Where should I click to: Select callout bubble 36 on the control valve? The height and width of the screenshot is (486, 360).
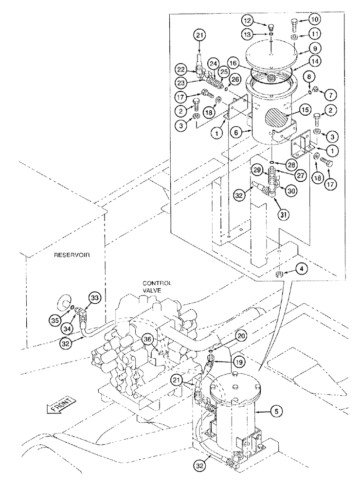[x=149, y=340]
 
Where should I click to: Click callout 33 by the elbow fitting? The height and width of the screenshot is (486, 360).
[x=94, y=298]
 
